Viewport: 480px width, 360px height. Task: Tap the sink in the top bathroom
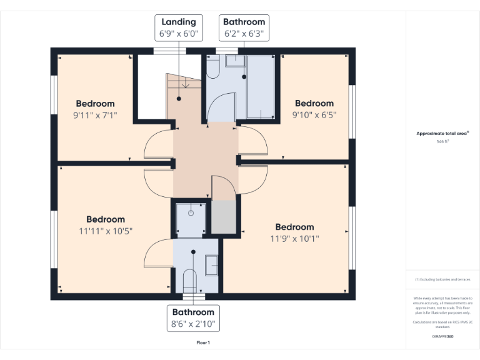point(234,61)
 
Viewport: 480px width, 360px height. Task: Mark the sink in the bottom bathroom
point(211,266)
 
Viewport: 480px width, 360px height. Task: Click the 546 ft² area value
point(443,142)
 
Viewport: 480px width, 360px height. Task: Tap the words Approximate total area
point(442,134)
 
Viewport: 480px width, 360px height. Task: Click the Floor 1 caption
point(203,342)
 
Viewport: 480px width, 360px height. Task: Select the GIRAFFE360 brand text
point(443,337)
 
